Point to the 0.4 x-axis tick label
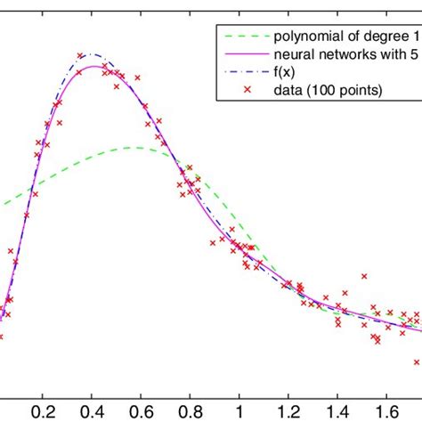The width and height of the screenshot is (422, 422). [x=91, y=412]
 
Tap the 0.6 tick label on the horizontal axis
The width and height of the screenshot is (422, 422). [x=140, y=412]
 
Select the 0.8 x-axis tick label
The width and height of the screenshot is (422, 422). [x=189, y=412]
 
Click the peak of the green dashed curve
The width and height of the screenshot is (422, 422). [x=135, y=147]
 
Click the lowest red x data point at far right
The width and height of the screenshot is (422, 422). [x=416, y=361]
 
